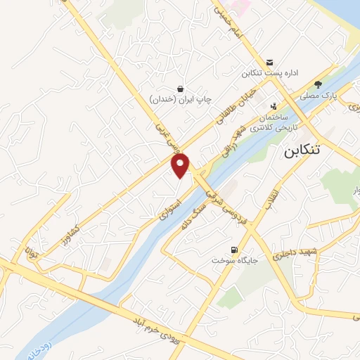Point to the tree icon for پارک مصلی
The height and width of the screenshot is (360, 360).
tap(318, 83)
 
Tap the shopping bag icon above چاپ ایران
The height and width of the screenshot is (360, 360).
tap(181, 89)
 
